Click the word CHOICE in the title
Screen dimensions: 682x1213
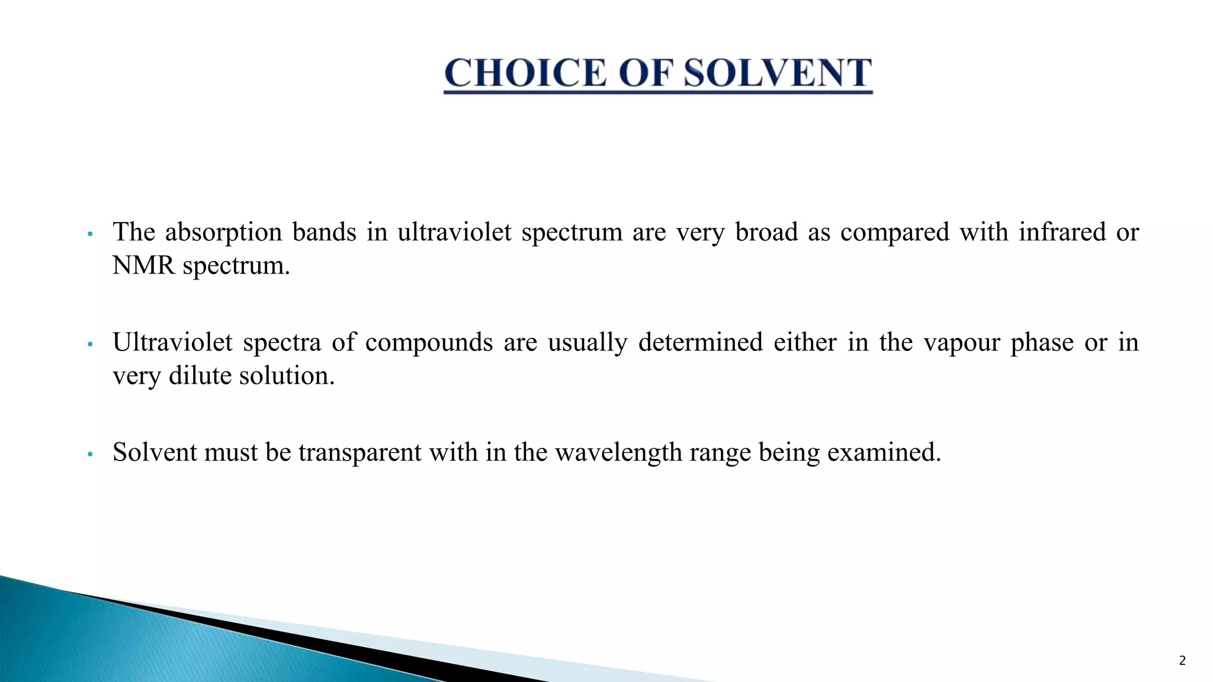pyautogui.click(x=525, y=73)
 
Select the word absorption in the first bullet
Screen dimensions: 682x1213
pyautogui.click(x=223, y=232)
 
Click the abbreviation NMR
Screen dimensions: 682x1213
pyautogui.click(x=144, y=266)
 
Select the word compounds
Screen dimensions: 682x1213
pyautogui.click(x=429, y=343)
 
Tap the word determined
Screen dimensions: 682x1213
pyautogui.click(x=700, y=343)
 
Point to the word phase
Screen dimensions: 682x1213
pyautogui.click(x=1042, y=343)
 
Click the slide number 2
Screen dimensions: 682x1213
pyautogui.click(x=1182, y=661)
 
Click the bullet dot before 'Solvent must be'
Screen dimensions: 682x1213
pyautogui.click(x=90, y=455)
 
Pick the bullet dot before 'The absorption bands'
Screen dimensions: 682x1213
pyautogui.click(x=90, y=234)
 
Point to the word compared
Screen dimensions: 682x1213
pyautogui.click(x=894, y=232)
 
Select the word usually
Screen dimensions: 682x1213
pyautogui.click(x=587, y=343)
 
